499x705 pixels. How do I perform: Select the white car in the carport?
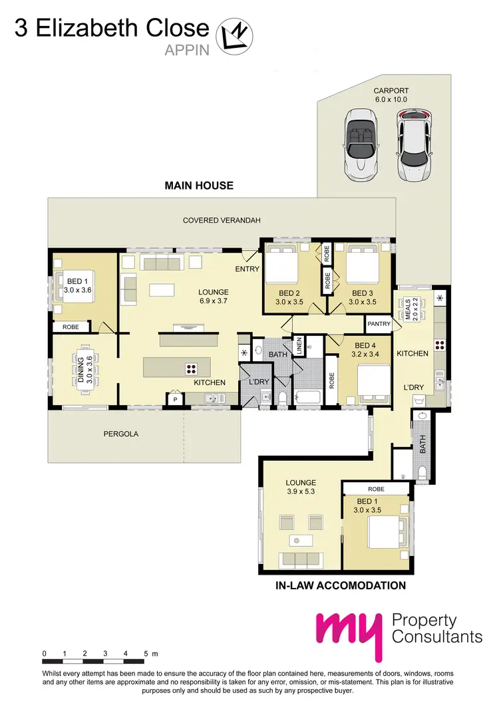click(x=414, y=146)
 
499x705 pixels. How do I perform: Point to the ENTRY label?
click(x=247, y=269)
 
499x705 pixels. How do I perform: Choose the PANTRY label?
click(x=379, y=323)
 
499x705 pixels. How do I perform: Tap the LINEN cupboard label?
click(x=299, y=345)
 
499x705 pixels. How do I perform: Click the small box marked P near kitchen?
click(x=176, y=400)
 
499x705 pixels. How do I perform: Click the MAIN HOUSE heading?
click(x=199, y=186)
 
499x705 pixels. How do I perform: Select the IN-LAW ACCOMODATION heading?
click(x=340, y=586)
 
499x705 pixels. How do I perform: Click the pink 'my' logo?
click(x=351, y=632)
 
